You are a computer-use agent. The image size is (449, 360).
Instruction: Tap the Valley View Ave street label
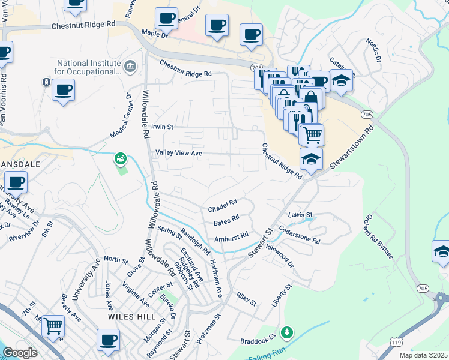179,154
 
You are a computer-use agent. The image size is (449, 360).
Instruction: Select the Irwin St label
162,127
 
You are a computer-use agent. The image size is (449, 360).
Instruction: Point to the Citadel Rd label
223,206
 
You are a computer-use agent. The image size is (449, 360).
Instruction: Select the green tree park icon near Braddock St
287,332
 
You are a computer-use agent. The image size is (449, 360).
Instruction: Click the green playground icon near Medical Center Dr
121,158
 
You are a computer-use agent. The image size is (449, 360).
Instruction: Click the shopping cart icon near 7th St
53,326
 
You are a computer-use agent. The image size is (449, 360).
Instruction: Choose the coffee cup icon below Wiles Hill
108,340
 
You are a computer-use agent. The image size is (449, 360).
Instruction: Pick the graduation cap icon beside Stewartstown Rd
311,160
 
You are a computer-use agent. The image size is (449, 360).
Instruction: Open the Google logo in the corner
20,353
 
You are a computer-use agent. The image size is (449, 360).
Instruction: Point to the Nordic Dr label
374,50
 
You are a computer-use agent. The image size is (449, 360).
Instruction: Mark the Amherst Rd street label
231,238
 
